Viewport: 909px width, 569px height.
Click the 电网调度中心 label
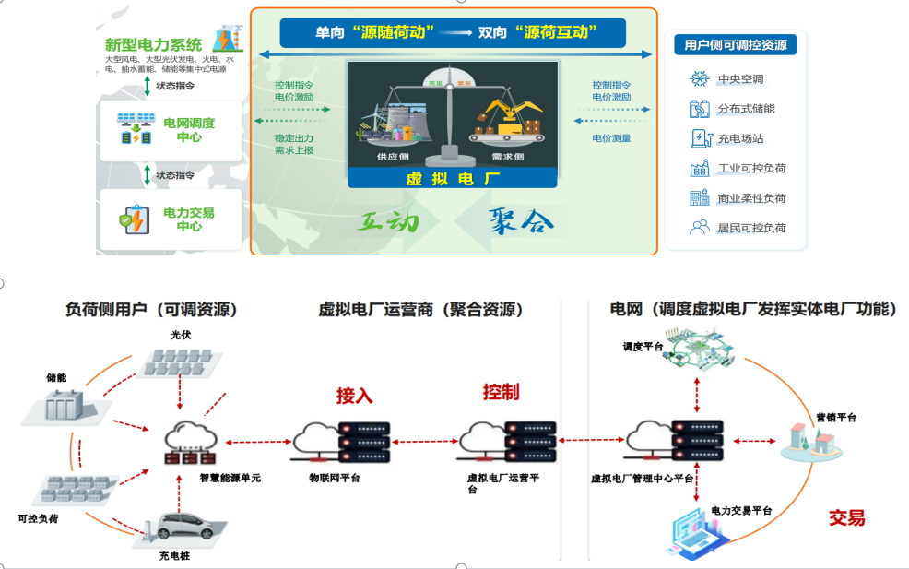click(188, 129)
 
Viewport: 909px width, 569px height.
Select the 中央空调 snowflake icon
click(699, 79)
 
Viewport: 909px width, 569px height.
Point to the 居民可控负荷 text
click(751, 228)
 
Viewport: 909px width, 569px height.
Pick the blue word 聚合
click(522, 221)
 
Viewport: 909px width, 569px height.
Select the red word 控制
click(501, 392)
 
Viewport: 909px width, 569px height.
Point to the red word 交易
click(845, 517)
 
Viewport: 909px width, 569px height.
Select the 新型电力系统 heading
click(153, 44)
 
